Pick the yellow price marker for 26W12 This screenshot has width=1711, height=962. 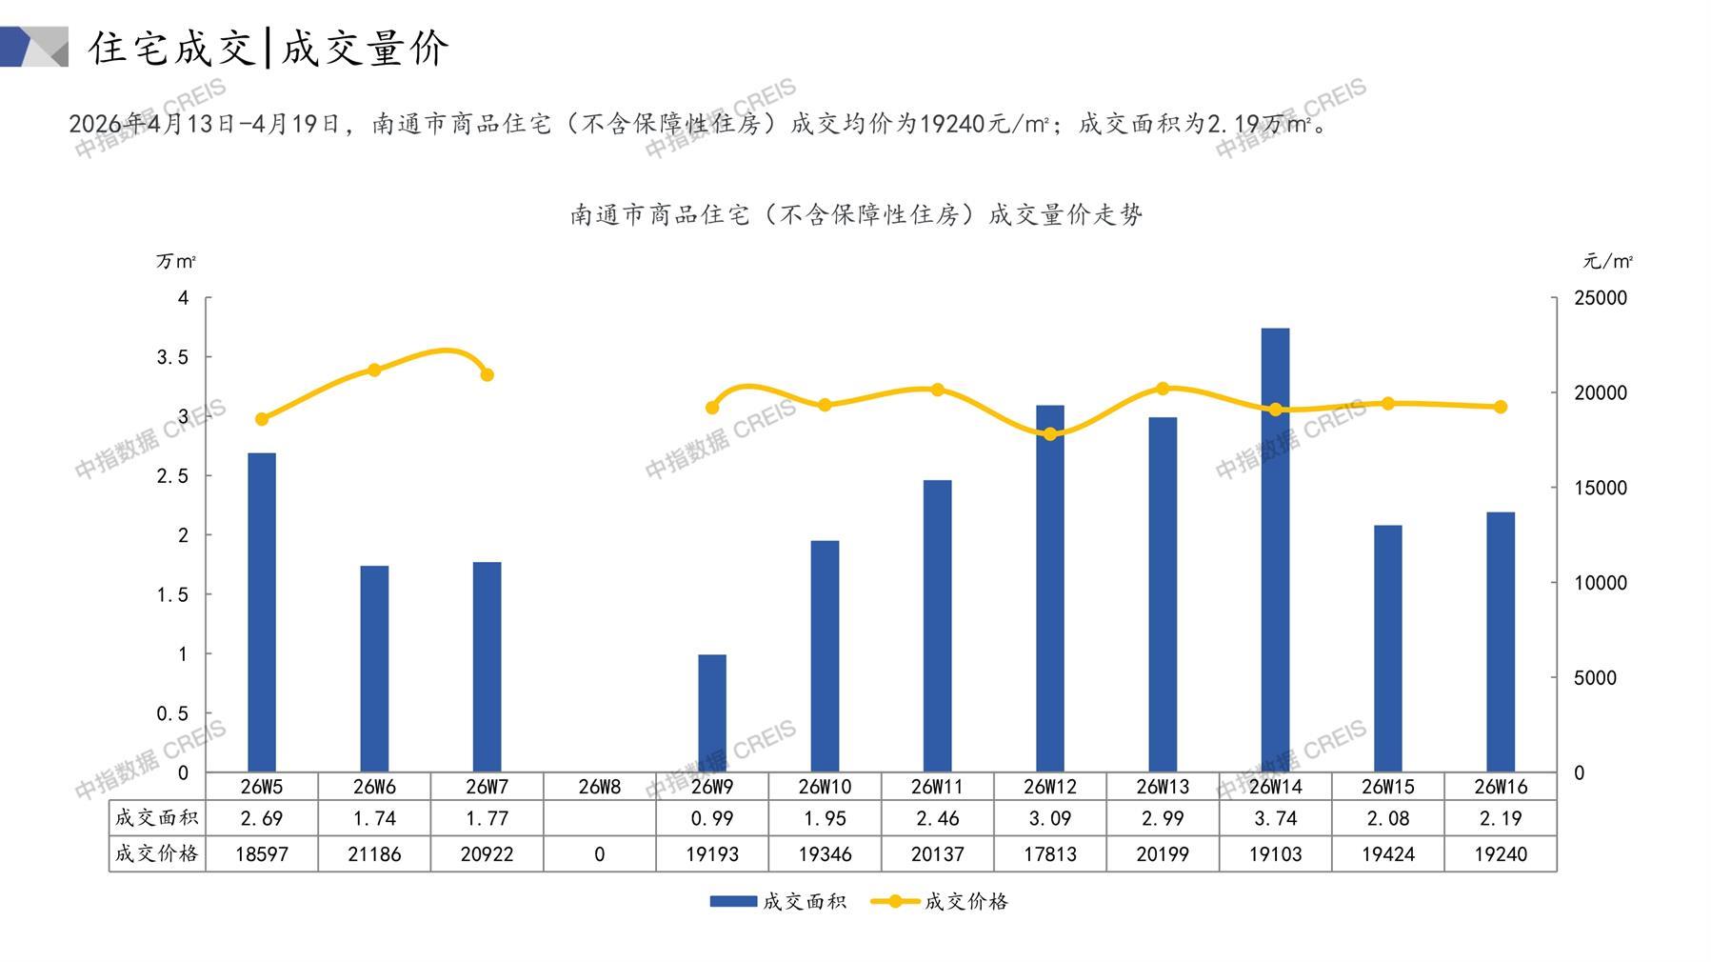tap(1050, 434)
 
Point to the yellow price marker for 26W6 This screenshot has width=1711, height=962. tap(374, 370)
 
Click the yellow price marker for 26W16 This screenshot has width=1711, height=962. tap(1501, 407)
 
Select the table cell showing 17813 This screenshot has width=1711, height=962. tap(1050, 854)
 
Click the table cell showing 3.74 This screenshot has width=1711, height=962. tap(1275, 818)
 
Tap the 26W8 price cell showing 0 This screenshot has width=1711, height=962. tap(599, 854)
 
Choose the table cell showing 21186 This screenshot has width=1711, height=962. tap(374, 854)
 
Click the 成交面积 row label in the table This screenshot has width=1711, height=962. tap(157, 818)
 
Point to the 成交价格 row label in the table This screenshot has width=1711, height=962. tap(157, 854)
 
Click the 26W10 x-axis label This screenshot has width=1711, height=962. tap(825, 787)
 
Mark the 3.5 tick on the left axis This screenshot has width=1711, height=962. tap(172, 357)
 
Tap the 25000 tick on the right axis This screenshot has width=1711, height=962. tap(1601, 298)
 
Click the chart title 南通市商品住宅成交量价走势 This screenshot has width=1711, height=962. tap(856, 215)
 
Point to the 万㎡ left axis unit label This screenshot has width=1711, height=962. tap(176, 261)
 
